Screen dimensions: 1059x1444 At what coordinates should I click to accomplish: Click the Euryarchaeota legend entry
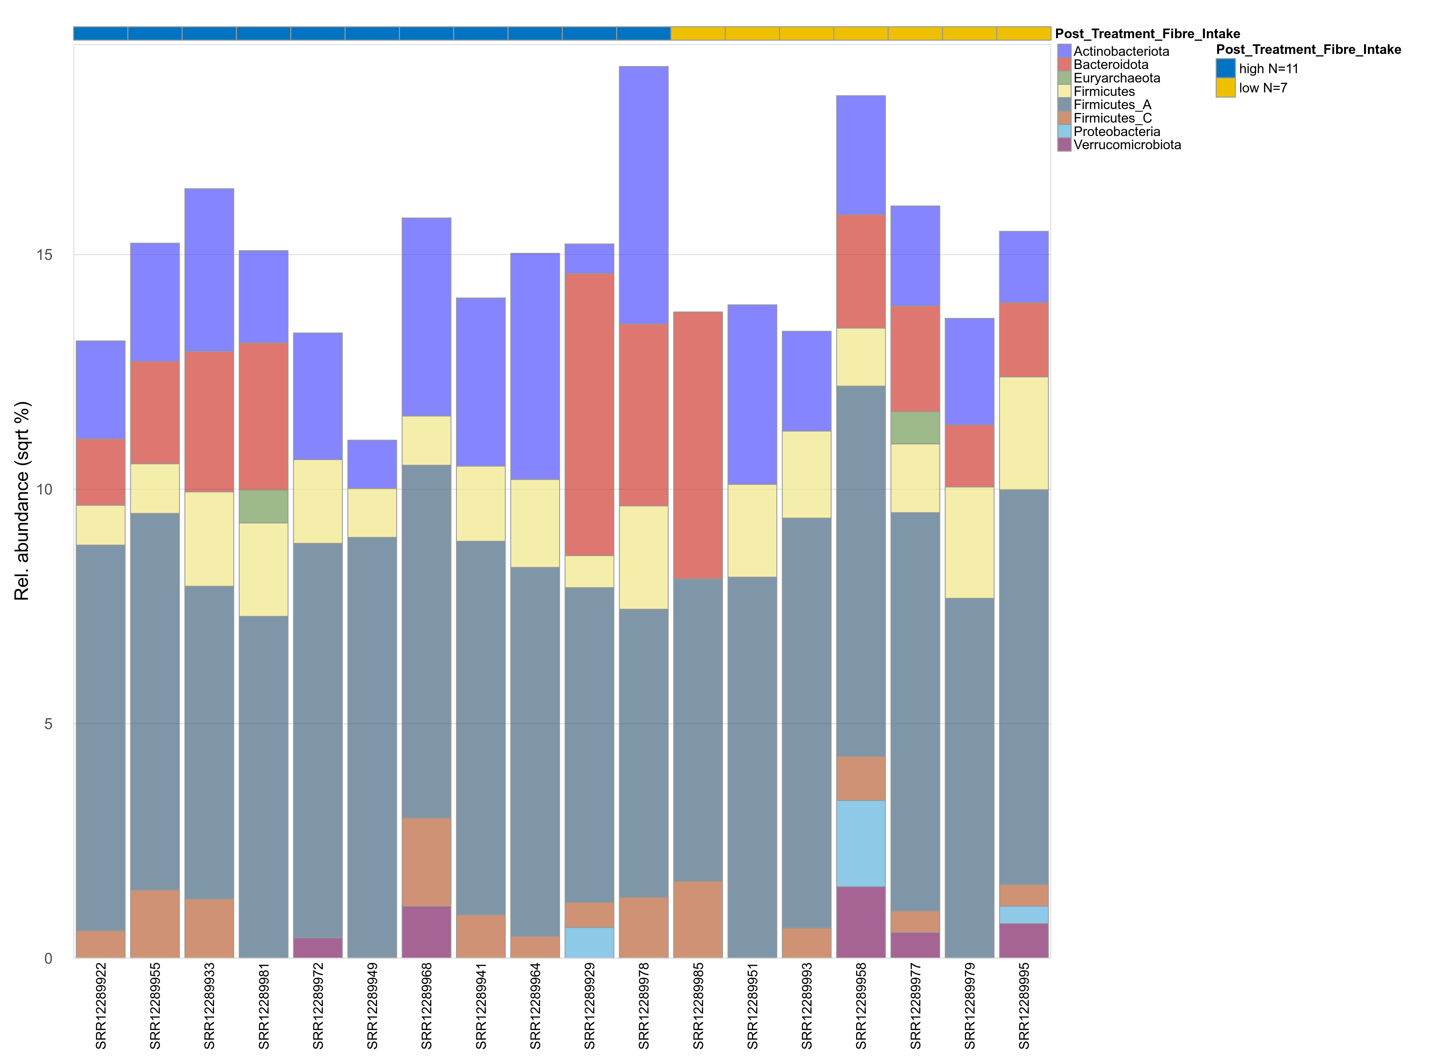tap(1116, 78)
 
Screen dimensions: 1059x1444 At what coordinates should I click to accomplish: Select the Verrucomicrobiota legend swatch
tap(1064, 145)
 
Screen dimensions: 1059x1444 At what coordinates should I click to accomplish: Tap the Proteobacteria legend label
tap(1116, 132)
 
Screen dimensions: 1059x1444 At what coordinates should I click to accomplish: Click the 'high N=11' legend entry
tap(1268, 69)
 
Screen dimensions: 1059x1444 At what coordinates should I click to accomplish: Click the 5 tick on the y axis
tap(48, 724)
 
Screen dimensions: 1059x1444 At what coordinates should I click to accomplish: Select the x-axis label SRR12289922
tap(101, 1005)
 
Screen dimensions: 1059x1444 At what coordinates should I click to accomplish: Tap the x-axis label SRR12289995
tap(1024, 1005)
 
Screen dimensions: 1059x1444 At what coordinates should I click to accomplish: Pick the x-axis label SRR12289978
tap(643, 1005)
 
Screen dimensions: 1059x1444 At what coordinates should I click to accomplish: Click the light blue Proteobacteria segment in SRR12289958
tap(861, 843)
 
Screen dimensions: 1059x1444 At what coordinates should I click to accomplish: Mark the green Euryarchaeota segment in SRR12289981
tap(263, 506)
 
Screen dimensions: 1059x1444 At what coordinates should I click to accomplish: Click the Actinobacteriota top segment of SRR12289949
tap(372, 464)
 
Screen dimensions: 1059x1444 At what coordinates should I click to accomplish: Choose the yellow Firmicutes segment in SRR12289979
tap(969, 542)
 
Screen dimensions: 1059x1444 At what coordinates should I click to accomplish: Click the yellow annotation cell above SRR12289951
tap(752, 33)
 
